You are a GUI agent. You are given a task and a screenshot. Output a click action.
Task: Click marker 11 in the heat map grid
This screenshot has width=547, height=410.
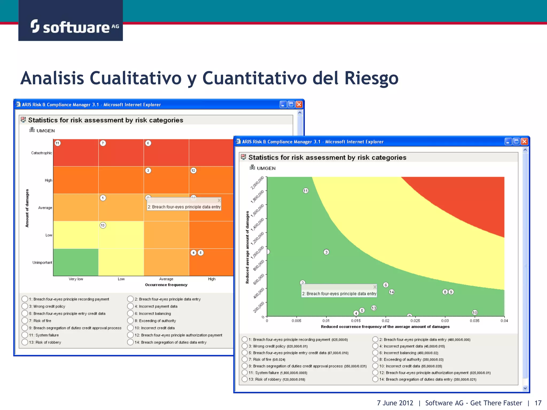click(x=57, y=143)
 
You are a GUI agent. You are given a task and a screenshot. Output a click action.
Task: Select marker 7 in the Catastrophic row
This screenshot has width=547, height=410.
click(x=103, y=143)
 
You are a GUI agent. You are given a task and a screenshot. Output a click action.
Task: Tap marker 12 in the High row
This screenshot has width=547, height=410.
click(x=193, y=171)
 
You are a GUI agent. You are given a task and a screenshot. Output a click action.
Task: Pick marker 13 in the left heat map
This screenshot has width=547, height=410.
click(x=103, y=225)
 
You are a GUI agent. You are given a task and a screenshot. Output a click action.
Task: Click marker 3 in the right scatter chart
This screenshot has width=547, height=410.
click(x=326, y=252)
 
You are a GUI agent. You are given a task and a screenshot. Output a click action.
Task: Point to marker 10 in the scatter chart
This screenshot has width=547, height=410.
click(x=475, y=313)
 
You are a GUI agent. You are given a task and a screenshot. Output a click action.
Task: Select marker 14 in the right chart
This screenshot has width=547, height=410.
click(x=392, y=292)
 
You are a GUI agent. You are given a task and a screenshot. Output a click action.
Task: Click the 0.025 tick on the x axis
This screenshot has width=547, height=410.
click(x=415, y=321)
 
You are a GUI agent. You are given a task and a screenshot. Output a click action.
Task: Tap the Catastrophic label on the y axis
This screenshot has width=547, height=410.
click(x=41, y=153)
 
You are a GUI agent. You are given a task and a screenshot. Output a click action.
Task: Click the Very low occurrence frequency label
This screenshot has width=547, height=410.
click(x=76, y=279)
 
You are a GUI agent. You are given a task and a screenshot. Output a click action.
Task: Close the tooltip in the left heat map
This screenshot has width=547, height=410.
click(x=219, y=200)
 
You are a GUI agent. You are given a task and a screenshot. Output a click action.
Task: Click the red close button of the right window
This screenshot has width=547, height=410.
click(x=525, y=141)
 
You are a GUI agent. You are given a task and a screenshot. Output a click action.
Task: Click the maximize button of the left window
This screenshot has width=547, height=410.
click(x=291, y=104)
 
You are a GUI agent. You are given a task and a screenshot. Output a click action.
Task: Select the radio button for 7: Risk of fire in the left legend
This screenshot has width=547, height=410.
click(x=25, y=321)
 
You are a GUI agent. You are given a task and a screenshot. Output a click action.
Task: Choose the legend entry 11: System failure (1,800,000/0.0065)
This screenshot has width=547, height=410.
click(x=244, y=373)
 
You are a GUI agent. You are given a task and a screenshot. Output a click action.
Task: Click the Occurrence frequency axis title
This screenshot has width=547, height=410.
click(x=166, y=285)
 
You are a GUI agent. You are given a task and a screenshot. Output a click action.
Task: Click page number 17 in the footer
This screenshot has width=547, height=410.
click(x=538, y=403)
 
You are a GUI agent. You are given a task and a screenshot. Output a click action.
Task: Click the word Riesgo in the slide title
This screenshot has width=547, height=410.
click(x=371, y=78)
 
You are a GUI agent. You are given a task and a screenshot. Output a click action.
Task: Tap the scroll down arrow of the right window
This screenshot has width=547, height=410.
click(x=525, y=388)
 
